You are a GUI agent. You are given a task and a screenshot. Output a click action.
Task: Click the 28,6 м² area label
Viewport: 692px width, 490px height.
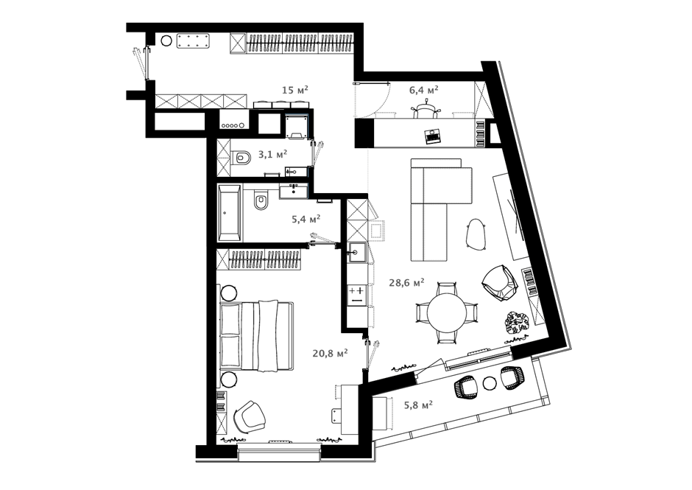click(406, 282)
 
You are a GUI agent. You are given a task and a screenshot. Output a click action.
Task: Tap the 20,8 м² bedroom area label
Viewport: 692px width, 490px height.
click(330, 353)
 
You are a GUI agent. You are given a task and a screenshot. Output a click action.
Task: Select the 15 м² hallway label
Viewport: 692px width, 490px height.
click(295, 90)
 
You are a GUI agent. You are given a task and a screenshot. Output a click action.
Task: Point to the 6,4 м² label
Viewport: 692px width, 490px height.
click(424, 90)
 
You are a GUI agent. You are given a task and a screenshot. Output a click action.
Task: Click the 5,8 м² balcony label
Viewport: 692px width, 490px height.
click(417, 405)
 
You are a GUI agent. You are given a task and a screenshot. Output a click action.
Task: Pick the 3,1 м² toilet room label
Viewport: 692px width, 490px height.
click(272, 154)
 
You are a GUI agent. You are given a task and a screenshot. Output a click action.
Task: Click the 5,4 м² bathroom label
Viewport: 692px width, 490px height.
click(306, 218)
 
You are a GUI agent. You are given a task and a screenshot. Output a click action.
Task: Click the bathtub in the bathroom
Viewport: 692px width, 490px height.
click(230, 212)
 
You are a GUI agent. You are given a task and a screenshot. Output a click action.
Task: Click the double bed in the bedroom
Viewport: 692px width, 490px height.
click(257, 335)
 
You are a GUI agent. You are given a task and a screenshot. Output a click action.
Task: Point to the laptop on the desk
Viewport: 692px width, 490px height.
click(433, 136)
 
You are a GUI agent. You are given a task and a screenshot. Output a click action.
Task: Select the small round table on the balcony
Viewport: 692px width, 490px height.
click(490, 383)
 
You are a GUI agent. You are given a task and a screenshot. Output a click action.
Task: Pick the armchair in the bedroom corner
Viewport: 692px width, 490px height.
click(250, 416)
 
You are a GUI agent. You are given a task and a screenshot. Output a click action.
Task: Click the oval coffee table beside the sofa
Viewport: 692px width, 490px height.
click(476, 234)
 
